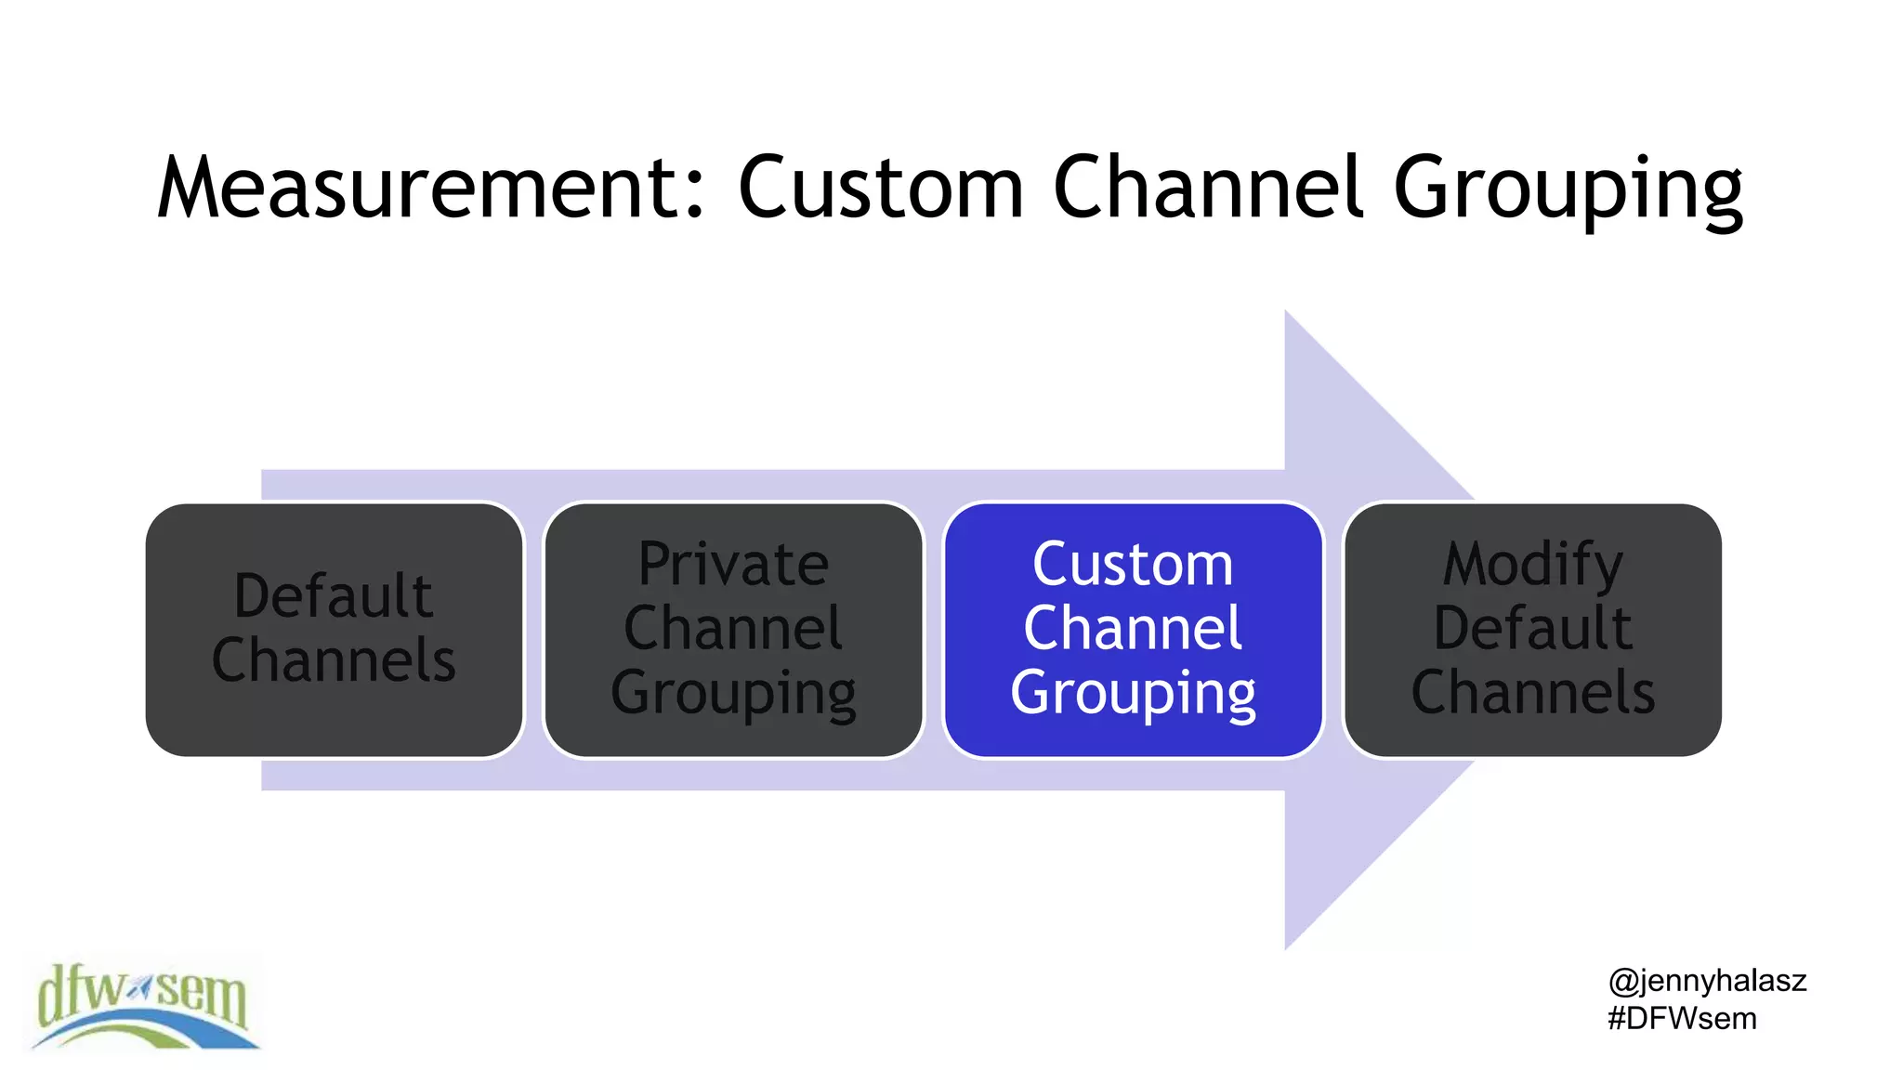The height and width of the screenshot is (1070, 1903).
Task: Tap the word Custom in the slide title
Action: (x=880, y=189)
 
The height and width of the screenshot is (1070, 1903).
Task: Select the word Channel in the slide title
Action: (x=1208, y=189)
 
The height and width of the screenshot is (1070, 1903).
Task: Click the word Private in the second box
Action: (x=733, y=565)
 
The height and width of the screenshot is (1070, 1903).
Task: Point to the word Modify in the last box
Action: (x=1532, y=565)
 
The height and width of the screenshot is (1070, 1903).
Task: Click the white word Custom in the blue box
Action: (x=1133, y=565)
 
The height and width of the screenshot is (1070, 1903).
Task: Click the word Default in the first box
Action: (x=333, y=595)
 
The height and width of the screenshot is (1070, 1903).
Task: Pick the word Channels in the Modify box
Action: (x=1532, y=692)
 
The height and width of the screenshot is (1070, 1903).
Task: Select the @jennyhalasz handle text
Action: (x=1707, y=981)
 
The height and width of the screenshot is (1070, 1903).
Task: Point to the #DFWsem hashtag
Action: (x=1682, y=1019)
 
